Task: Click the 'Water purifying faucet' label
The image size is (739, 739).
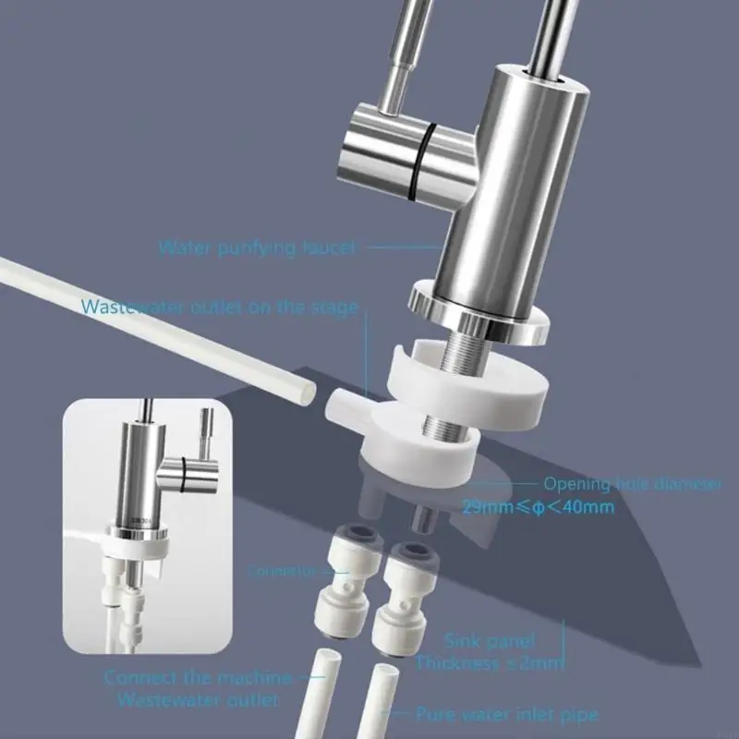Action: pyautogui.click(x=256, y=248)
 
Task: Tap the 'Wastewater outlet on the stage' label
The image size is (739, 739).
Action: pyautogui.click(x=219, y=307)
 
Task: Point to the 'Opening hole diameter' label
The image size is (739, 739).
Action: pyautogui.click(x=631, y=483)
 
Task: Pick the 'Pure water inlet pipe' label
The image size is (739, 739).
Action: pyautogui.click(x=505, y=714)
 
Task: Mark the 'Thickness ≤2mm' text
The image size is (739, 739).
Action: pyautogui.click(x=489, y=662)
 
